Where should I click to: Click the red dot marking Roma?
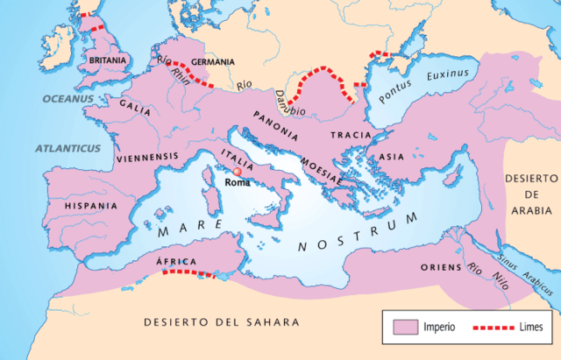pyautogui.click(x=236, y=172)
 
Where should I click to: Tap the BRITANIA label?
pyautogui.click(x=108, y=60)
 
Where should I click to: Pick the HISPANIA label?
pyautogui.click(x=90, y=206)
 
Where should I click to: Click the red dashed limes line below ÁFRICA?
pyautogui.click(x=188, y=273)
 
